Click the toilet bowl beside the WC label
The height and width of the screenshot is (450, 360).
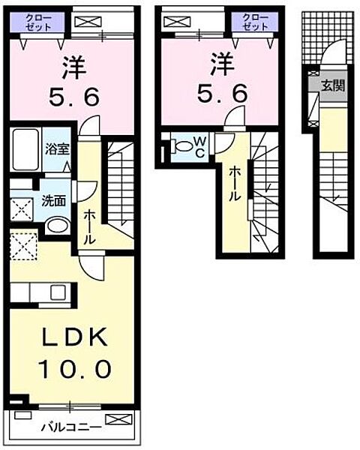point(179,146)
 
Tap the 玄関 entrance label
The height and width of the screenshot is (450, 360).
point(334,85)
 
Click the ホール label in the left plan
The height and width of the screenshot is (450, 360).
point(89,228)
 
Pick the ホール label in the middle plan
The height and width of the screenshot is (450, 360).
point(234,182)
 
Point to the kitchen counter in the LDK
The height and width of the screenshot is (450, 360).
point(41,291)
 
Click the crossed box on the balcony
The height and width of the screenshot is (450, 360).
point(118,418)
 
